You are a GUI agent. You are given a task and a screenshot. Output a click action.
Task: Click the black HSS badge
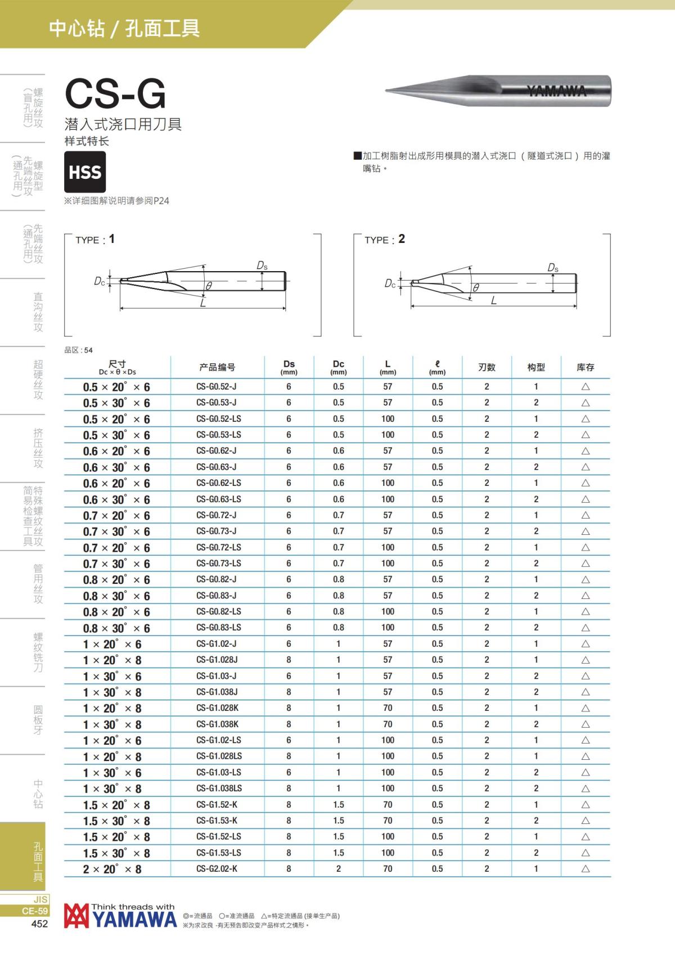[x=85, y=172]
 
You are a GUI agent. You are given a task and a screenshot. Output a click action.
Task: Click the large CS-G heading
[x=115, y=93]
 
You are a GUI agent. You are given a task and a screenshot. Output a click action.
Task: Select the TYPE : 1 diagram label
[x=95, y=240]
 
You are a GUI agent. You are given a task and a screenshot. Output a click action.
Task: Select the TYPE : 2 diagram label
[x=384, y=240]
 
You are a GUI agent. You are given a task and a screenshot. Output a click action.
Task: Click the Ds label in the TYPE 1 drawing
[x=262, y=265]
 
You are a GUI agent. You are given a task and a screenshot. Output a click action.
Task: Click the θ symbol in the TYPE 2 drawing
[x=476, y=287]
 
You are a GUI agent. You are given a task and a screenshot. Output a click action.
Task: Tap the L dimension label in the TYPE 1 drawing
[x=203, y=303]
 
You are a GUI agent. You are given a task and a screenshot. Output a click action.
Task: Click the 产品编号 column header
[x=217, y=367]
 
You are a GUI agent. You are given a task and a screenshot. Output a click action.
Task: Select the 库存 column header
[x=585, y=367]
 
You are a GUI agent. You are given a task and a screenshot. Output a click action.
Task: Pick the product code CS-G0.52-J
[x=217, y=387]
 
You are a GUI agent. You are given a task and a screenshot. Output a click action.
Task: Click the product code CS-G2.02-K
[x=217, y=869]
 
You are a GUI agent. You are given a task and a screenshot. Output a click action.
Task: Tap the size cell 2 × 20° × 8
[x=117, y=870]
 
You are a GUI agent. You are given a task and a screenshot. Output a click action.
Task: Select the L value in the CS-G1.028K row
[x=388, y=708]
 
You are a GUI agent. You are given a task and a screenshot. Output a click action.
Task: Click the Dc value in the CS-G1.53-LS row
[x=338, y=853]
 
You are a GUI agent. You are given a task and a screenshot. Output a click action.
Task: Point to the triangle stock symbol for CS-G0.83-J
[x=585, y=596]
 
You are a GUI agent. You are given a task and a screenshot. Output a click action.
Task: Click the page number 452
[x=39, y=924]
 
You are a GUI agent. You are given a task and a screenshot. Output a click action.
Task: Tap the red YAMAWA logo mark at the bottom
[x=76, y=916]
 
